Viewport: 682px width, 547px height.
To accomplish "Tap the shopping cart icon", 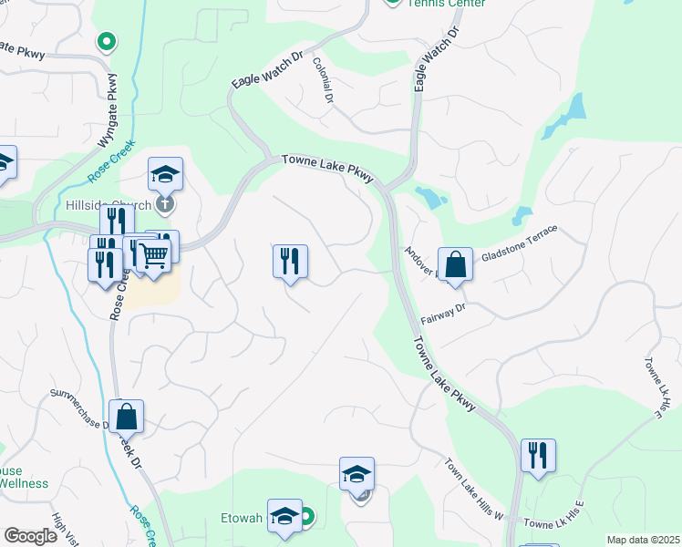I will [155, 254].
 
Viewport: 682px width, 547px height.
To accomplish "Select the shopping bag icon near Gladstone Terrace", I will [455, 265].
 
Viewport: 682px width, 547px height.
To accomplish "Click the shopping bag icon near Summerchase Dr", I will [127, 417].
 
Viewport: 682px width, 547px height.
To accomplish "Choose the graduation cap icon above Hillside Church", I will [166, 173].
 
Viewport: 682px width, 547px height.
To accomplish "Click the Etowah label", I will [243, 518].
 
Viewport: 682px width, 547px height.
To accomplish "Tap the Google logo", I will [30, 536].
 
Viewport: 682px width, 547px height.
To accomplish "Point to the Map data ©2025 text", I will [643, 540].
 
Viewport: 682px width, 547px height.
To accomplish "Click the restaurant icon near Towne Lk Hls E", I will [538, 455].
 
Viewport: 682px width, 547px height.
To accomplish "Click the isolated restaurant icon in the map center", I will [290, 262].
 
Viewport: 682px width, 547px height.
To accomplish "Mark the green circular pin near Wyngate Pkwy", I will [107, 41].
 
